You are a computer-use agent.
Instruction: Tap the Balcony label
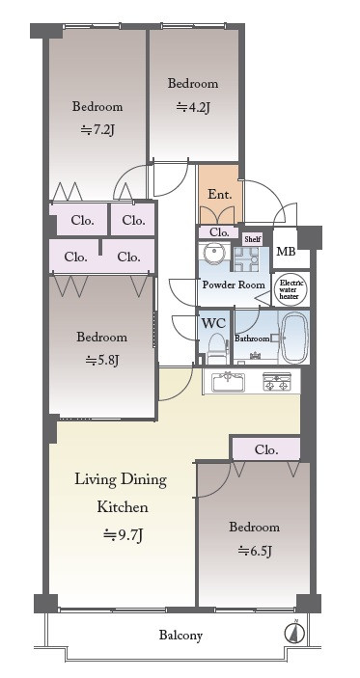(180, 636)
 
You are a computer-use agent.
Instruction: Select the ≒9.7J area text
(124, 535)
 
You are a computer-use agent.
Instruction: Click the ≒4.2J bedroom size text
(193, 107)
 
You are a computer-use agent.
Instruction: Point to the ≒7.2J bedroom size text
(97, 130)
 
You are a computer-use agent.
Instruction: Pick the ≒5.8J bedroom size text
(102, 360)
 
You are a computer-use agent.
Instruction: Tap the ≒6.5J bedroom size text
(255, 551)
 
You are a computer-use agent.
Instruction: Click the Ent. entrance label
(220, 195)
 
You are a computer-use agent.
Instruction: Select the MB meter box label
(286, 251)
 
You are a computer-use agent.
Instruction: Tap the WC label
(213, 323)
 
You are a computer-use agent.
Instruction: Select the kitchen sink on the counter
(228, 382)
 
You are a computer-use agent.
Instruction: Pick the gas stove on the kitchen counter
(276, 382)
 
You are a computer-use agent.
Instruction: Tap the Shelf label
(252, 239)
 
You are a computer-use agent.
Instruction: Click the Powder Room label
(234, 285)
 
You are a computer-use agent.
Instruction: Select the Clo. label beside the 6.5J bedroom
(266, 450)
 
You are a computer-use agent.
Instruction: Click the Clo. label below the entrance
(219, 232)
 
